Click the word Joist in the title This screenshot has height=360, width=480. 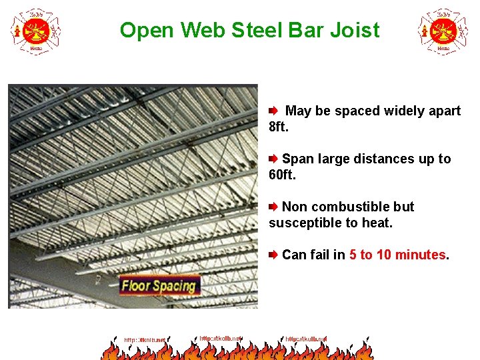coord(355,31)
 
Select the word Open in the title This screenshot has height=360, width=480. coord(141,31)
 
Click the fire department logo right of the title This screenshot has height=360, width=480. coord(443,31)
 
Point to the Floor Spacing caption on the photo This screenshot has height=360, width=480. coord(159,286)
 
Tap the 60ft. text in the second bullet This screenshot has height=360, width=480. coord(281,175)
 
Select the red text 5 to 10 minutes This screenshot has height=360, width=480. coord(397,255)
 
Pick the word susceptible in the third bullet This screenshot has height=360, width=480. coord(303,223)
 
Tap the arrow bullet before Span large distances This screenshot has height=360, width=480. coord(273,159)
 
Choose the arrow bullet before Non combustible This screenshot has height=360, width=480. coord(273,207)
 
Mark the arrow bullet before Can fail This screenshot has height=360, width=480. coord(273,255)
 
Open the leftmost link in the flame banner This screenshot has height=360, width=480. coord(145,340)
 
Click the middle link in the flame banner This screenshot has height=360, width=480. coord(221,339)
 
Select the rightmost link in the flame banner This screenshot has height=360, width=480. coord(306,339)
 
